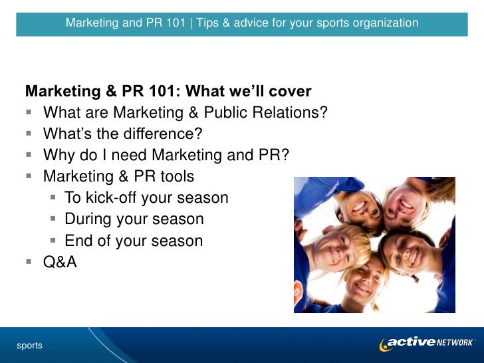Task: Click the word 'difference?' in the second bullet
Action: tap(162, 134)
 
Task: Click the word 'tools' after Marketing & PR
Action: tap(172, 176)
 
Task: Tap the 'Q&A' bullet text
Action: tap(60, 263)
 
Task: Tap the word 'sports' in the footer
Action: tap(30, 345)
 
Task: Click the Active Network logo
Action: tap(427, 343)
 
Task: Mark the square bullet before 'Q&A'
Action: tap(29, 263)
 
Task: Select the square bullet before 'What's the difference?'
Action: tap(29, 134)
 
